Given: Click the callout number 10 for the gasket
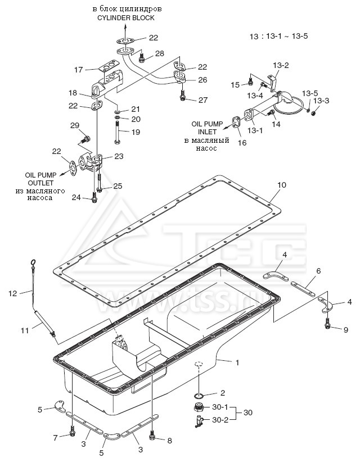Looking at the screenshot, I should pos(282,184).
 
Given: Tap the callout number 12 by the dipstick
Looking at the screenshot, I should pos(12,292).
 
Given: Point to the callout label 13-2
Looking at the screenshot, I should pos(281,65).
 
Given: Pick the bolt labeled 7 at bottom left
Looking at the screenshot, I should pos(73,433).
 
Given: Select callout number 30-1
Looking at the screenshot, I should pos(220,407).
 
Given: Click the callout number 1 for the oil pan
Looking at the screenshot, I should pos(237,363).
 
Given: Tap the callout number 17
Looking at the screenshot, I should pos(79,70).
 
